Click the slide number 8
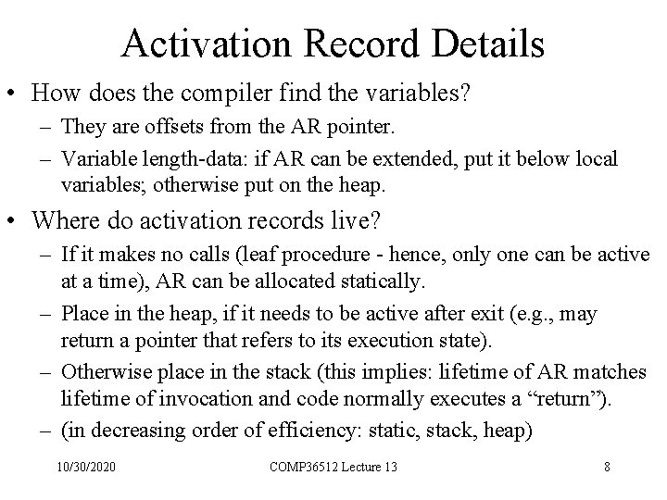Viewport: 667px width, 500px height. tap(606, 465)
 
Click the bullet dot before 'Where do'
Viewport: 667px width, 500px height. tap(17, 221)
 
